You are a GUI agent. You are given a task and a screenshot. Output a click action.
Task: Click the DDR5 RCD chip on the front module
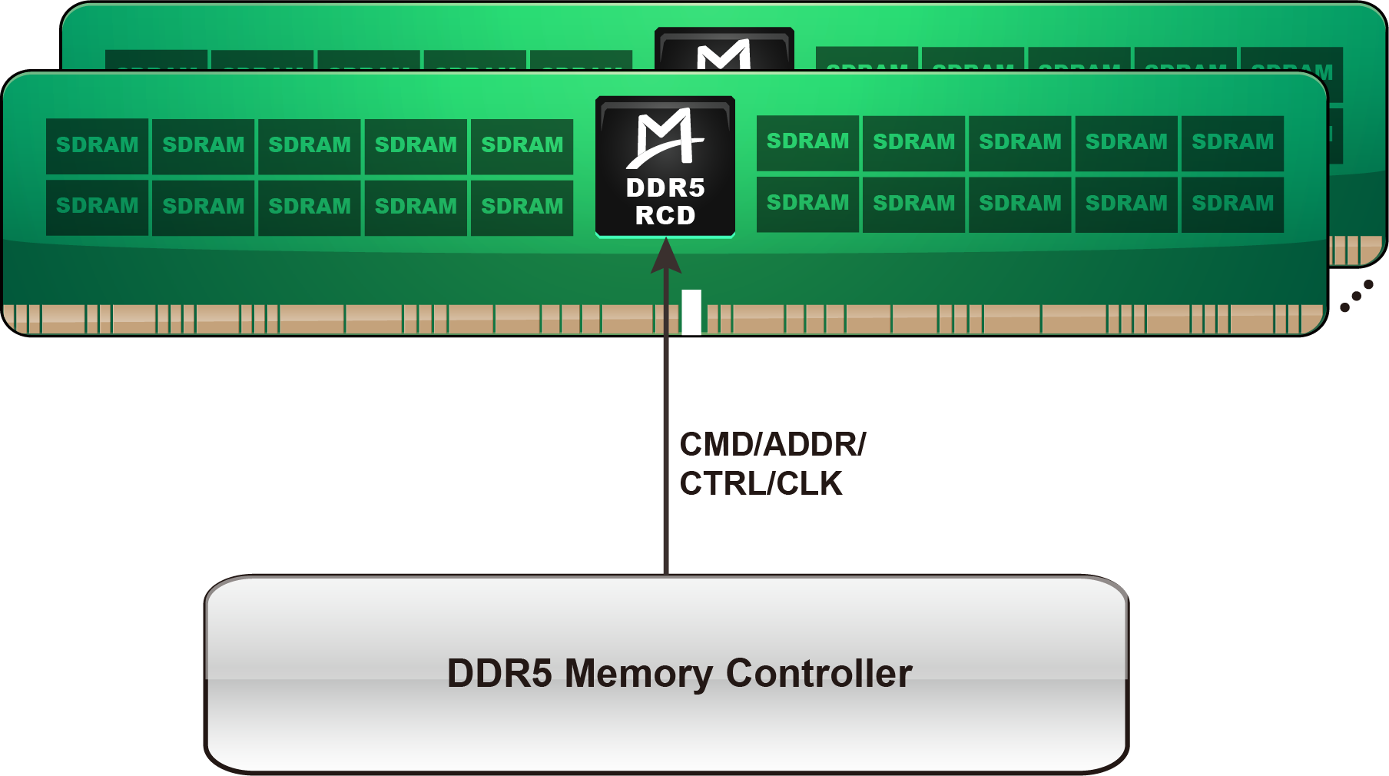pos(665,167)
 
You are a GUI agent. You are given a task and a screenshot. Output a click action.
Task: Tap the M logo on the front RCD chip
pos(665,138)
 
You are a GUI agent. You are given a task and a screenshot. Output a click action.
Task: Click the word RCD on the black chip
pos(665,216)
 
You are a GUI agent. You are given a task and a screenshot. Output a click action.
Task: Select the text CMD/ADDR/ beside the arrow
pos(772,445)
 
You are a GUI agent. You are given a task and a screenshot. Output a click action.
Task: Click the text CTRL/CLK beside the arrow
pos(761,484)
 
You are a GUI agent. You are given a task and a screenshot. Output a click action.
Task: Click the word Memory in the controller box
pos(638,674)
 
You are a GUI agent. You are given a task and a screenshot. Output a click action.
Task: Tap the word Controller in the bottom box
pos(819,674)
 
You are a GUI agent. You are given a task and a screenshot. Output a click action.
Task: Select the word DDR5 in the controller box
pos(499,674)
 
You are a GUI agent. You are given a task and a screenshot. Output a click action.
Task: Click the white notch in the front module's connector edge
pos(691,311)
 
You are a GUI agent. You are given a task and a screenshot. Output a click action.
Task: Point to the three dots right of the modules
pos(1357,296)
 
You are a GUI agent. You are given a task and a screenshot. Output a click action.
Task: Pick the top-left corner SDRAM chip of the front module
pos(98,146)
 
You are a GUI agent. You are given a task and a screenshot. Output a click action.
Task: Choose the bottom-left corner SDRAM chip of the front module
pos(98,207)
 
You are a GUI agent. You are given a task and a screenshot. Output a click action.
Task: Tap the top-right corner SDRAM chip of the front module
pos(1232,143)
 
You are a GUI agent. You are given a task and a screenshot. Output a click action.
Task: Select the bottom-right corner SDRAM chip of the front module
pos(1232,204)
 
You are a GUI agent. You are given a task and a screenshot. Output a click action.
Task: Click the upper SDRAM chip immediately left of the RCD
pos(522,146)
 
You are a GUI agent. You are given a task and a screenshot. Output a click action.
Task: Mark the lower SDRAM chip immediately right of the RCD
pos(807,204)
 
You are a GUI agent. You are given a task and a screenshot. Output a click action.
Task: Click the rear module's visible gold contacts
pos(1356,250)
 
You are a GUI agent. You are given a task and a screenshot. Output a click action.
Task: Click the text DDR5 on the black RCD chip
pos(665,188)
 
